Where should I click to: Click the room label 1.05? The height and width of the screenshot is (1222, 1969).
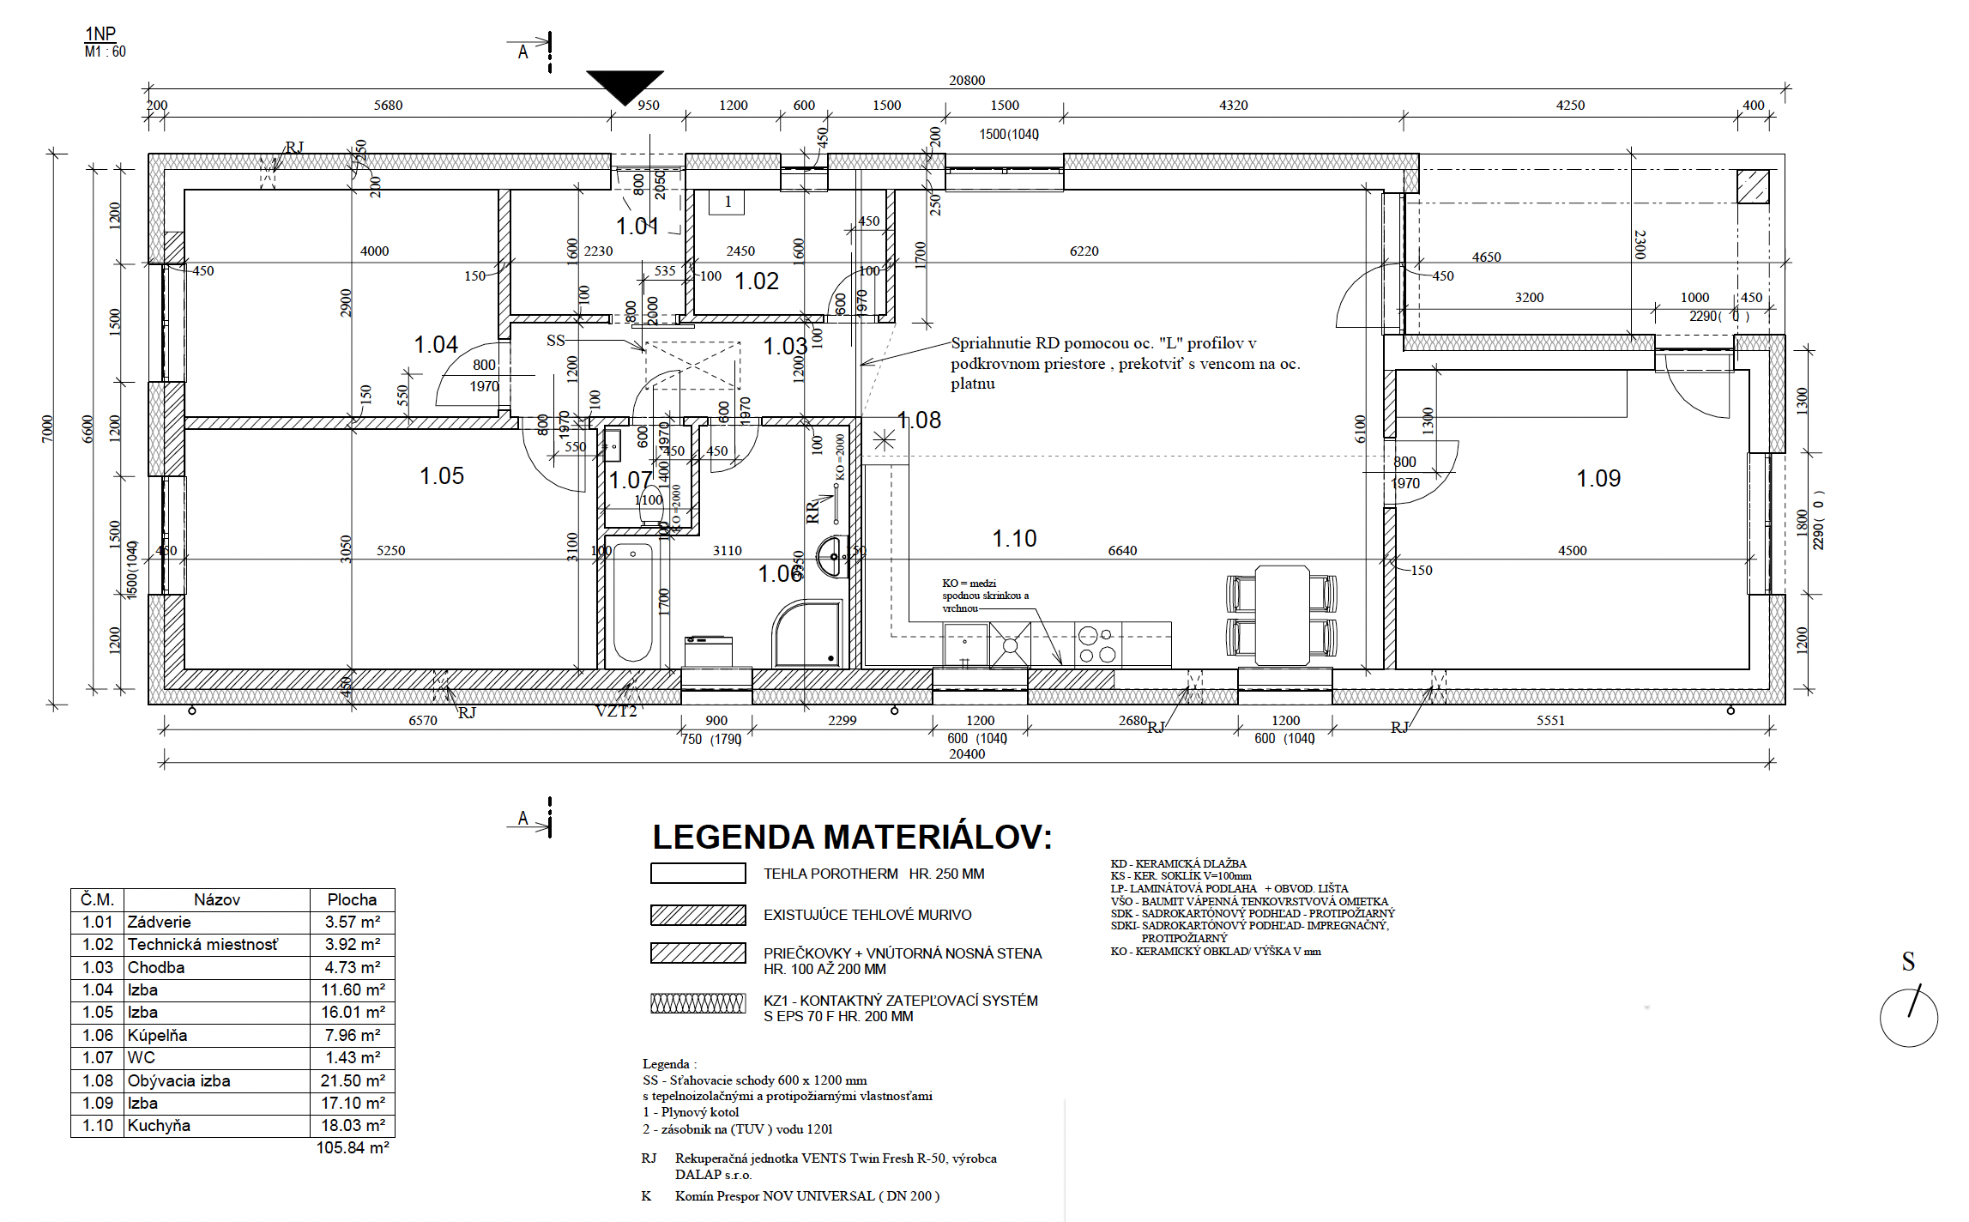pos(441,476)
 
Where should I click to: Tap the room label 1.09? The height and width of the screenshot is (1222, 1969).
pos(1598,479)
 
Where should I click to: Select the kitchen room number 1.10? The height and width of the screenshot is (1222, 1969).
pos(1014,539)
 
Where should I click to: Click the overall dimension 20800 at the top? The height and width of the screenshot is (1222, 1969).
pos(966,80)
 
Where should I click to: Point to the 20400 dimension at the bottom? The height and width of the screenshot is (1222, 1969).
pos(966,754)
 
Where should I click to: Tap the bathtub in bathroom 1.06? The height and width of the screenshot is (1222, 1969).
pos(633,603)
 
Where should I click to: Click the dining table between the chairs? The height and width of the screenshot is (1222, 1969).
pos(1282,614)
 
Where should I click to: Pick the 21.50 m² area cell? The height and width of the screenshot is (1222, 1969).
pos(353,1080)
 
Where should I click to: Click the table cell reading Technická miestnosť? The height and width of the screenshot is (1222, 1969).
pos(203,945)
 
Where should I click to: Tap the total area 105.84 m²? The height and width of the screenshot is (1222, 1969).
pos(353,1148)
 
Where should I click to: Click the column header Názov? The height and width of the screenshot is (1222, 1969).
pos(216,899)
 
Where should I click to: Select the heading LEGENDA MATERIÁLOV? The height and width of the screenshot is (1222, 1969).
pos(852,838)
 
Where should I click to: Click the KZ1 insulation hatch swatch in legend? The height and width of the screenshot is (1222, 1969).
pos(698,1002)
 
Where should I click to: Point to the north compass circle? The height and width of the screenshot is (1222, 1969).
pos(1908,1018)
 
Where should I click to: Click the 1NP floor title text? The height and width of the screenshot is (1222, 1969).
pos(100,34)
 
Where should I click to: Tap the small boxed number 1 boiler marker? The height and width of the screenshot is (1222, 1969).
pos(728,202)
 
